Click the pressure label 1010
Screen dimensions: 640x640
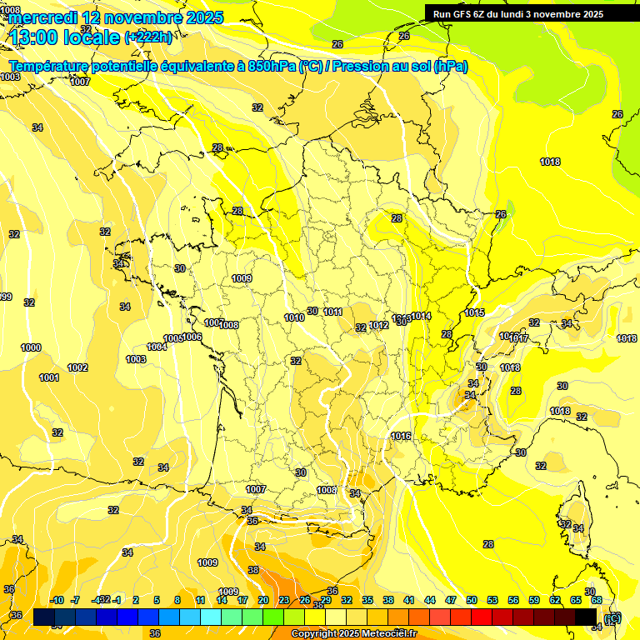pyautogui.click(x=293, y=317)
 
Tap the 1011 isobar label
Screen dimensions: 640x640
pyautogui.click(x=333, y=312)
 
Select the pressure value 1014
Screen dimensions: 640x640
pyautogui.click(x=421, y=317)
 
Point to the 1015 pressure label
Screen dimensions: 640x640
pyautogui.click(x=475, y=313)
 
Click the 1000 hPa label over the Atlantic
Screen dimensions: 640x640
pyautogui.click(x=31, y=347)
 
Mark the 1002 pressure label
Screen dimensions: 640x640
pyautogui.click(x=77, y=367)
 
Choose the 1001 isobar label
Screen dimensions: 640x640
pyautogui.click(x=49, y=377)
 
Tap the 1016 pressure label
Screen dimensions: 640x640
pyautogui.click(x=401, y=436)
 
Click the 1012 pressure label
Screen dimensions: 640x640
pyautogui.click(x=379, y=326)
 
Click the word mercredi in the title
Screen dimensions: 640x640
pyautogui.click(x=48, y=17)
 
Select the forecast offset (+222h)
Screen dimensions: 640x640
pyautogui.click(x=149, y=37)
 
